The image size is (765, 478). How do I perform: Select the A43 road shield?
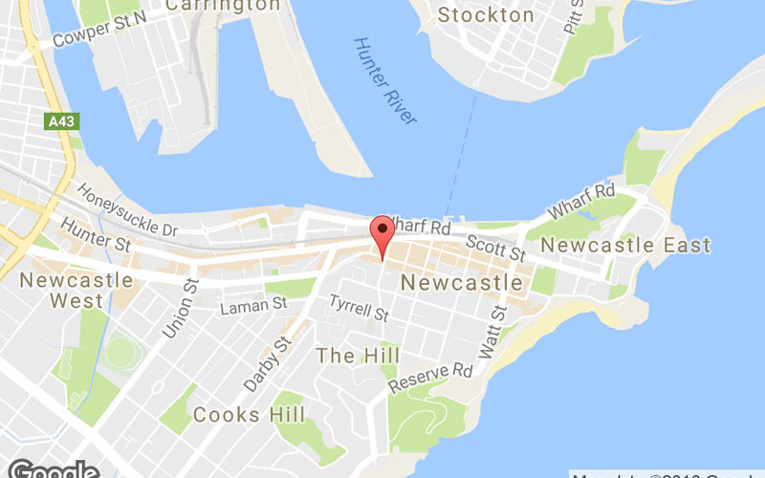[x=59, y=121]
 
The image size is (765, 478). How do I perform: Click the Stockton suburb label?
[x=486, y=15]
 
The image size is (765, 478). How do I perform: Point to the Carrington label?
[x=224, y=6]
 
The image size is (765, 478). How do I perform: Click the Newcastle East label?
[x=625, y=246]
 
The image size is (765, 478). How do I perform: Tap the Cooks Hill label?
[x=250, y=415]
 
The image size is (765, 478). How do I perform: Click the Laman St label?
[x=253, y=306]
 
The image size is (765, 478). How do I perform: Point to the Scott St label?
[x=497, y=248]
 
